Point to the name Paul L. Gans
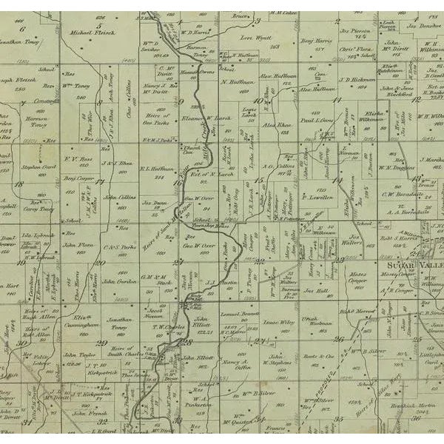316,118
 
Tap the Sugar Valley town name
414,264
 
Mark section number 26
340,340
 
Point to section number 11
336,98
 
